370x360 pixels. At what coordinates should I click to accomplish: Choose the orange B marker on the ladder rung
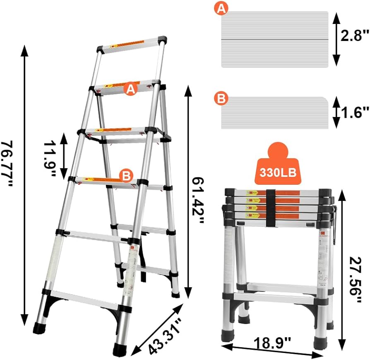[126, 175]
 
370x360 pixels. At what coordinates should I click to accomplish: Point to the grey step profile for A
[275, 39]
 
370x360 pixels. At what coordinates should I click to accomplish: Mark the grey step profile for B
[275, 113]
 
